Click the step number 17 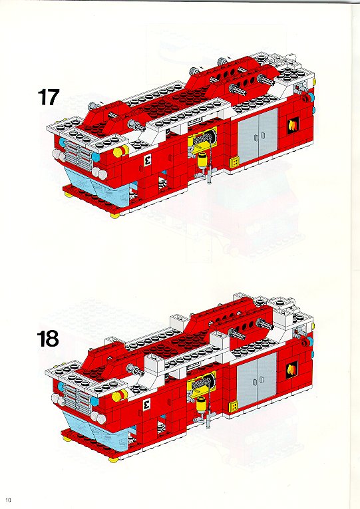pos(49,97)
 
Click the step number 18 pos(48,339)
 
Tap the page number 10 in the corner pos(9,500)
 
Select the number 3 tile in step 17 pos(147,159)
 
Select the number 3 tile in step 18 pos(146,405)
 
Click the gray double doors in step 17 pos(258,136)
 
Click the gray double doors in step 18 pos(257,381)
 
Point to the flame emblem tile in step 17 pos(293,126)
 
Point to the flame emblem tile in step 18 pos(292,370)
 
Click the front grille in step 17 pos(77,156)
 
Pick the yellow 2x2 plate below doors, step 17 pos(235,162)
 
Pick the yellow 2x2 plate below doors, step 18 pos(234,407)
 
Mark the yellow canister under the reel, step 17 pos(202,162)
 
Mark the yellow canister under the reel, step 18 pos(202,405)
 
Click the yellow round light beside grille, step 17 pos(118,152)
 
